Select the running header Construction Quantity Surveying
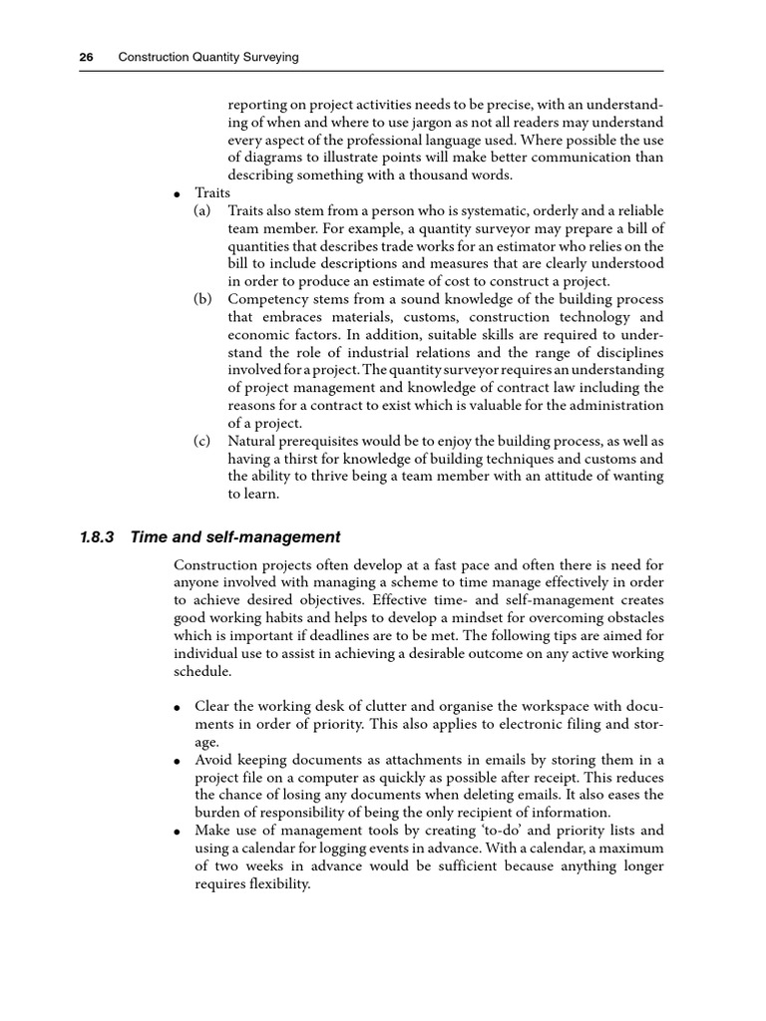208,58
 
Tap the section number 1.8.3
97,537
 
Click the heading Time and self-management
235,537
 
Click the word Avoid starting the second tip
214,760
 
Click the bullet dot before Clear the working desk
178,707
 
